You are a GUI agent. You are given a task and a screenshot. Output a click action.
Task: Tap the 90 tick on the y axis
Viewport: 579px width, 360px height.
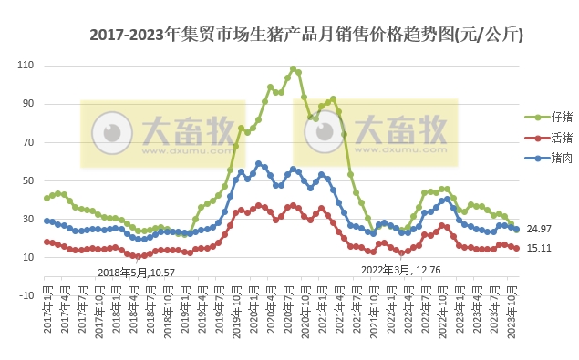[x=27, y=104]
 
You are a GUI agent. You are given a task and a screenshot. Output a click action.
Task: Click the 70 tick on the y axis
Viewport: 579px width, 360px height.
[x=27, y=142]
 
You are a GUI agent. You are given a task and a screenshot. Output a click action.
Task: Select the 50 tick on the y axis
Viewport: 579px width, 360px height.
[x=27, y=180]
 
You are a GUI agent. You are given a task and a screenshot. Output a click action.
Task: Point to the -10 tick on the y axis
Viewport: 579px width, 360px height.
[x=26, y=295]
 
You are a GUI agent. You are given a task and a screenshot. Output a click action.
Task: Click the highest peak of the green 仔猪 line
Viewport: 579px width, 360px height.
[x=293, y=69]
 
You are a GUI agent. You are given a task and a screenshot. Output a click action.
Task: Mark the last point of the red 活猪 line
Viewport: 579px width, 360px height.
[x=517, y=248]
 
